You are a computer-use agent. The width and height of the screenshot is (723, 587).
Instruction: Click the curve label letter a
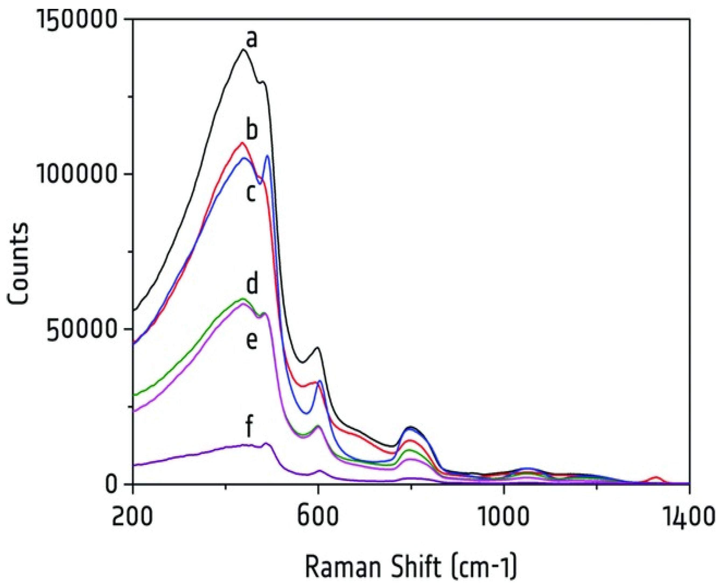(252, 40)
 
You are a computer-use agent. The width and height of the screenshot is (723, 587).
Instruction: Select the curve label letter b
(252, 131)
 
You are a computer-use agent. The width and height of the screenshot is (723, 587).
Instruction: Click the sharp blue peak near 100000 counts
(267, 156)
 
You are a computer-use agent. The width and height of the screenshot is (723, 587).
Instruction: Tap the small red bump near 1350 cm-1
(655, 477)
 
